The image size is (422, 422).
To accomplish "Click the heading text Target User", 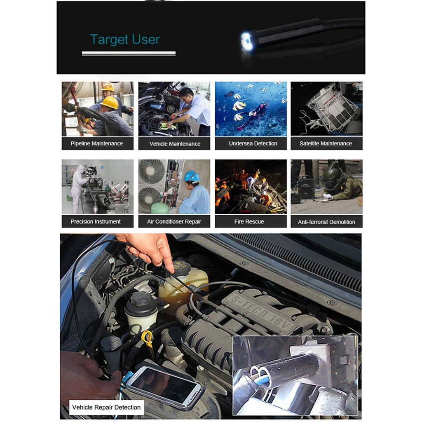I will click(x=125, y=40).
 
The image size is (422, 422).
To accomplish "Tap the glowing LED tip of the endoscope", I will click(x=247, y=41).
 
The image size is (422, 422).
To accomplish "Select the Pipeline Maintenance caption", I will click(x=97, y=143).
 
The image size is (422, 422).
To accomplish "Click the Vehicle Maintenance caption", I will click(x=175, y=144).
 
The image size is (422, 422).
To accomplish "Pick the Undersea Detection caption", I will click(x=253, y=143).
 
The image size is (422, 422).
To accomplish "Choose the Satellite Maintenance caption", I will click(x=326, y=143).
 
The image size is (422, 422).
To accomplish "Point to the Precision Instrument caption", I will click(x=96, y=221).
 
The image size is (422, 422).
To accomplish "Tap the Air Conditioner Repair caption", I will click(x=174, y=222).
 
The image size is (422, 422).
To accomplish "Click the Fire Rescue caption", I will click(x=249, y=222).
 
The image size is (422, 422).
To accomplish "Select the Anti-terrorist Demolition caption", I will click(x=326, y=222).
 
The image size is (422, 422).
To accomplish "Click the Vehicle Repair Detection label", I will click(x=106, y=407).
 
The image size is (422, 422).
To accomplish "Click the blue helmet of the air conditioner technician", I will click(x=191, y=176).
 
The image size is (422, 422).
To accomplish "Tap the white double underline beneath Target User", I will click(x=129, y=53).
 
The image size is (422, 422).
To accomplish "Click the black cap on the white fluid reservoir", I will click(x=141, y=298).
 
